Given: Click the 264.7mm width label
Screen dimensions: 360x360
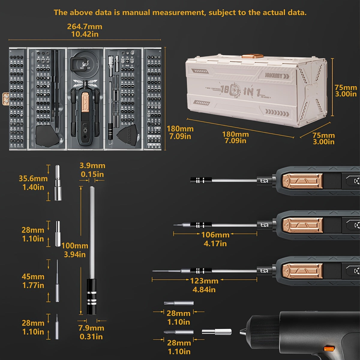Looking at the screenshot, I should (85, 26).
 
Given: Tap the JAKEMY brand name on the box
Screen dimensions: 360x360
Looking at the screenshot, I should (273, 75).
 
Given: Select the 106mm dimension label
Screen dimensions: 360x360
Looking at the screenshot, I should (215, 235).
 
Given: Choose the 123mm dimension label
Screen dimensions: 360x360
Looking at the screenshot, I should (204, 281).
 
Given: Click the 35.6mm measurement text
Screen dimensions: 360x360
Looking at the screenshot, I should (33, 179).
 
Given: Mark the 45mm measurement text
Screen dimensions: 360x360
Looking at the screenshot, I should (33, 277).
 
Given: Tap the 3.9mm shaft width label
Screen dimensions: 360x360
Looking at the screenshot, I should (92, 166).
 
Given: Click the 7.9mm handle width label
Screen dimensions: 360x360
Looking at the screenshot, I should (91, 328).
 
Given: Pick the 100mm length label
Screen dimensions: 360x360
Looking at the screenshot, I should (75, 246).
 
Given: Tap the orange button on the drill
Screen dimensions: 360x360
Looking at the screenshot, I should (329, 349).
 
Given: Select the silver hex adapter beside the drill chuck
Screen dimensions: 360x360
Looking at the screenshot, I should (217, 332).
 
